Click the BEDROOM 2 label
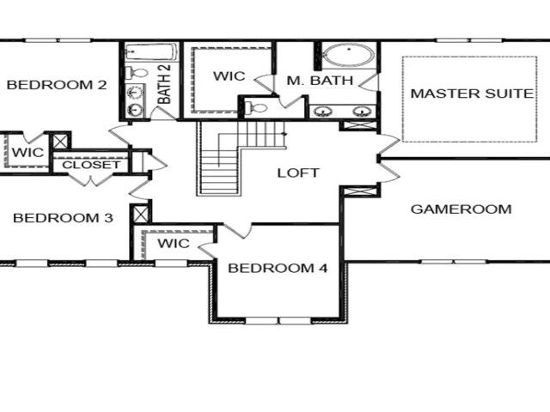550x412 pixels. tap(57, 85)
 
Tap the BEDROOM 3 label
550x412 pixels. tap(63, 218)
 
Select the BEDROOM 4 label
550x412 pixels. tap(278, 268)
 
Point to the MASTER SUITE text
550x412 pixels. tap(472, 94)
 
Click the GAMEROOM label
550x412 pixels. tap(461, 209)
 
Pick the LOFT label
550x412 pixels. tap(298, 173)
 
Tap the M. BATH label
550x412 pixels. tap(320, 80)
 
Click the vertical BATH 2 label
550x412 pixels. tap(164, 84)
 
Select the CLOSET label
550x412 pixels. tap(91, 165)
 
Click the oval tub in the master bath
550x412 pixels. tap(348, 55)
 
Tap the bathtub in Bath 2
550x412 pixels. tap(151, 52)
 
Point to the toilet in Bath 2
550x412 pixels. tap(137, 73)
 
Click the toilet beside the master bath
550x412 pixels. tap(255, 107)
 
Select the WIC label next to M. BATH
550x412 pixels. tap(229, 76)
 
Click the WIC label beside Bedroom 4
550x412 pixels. tap(174, 243)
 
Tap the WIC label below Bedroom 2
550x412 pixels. tap(27, 153)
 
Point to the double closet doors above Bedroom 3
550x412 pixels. tap(91, 179)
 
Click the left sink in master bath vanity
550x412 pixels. tap(323, 112)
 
